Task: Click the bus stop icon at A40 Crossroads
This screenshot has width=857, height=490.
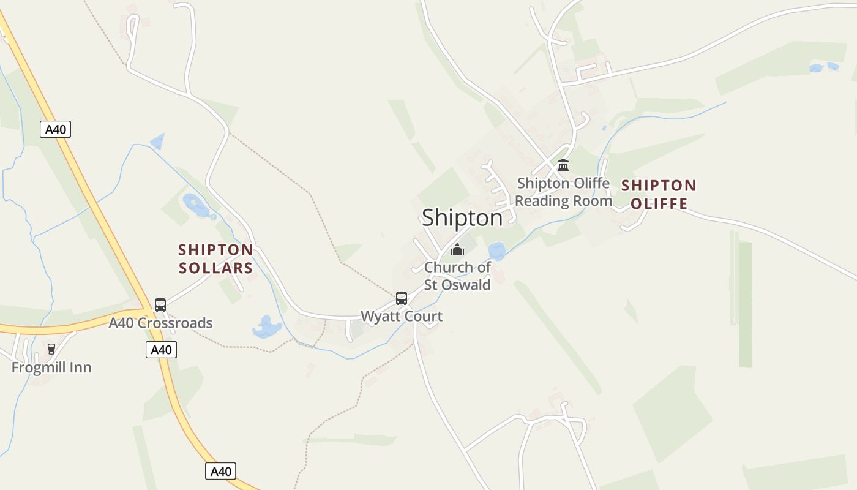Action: coord(160,304)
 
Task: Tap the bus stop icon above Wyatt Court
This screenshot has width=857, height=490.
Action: coord(402,298)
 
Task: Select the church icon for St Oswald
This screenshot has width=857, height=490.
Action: coord(457,249)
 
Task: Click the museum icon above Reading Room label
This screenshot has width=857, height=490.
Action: coord(563,165)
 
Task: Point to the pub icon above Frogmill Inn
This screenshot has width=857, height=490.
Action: coord(51,349)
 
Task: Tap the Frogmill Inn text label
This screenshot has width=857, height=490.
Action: coord(51,367)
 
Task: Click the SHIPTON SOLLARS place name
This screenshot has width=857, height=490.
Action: coord(215,258)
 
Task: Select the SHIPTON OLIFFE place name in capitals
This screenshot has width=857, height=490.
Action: coord(659,194)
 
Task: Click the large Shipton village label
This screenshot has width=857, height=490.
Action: coord(462,217)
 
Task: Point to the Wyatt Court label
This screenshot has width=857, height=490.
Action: coord(402,316)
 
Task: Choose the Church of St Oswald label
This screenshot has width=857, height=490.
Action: coord(457,276)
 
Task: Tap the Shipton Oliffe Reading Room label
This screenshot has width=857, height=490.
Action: coord(563,192)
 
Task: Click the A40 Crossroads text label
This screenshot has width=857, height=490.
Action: coord(160,323)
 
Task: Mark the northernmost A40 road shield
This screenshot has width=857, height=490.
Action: coord(56,129)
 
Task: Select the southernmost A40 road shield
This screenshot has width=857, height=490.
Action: coord(220,471)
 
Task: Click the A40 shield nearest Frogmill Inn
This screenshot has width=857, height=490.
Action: coord(161,350)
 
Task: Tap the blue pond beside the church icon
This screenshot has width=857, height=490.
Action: coord(496,251)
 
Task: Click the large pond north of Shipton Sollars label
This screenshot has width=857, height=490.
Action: coord(196,205)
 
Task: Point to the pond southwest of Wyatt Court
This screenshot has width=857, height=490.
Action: coord(267,328)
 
